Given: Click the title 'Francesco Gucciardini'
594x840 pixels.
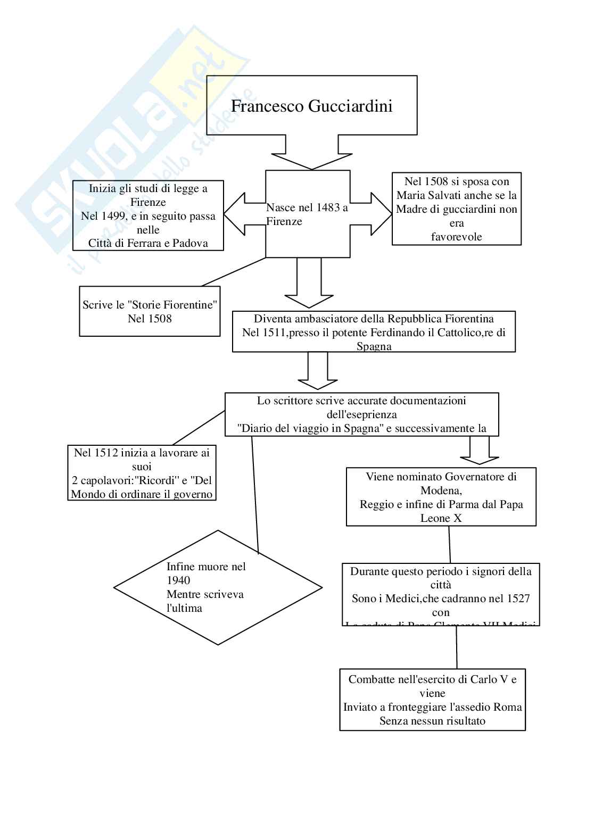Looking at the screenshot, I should (x=311, y=106).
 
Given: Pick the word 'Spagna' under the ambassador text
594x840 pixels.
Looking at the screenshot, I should (x=374, y=347).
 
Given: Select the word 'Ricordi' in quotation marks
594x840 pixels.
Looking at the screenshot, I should (x=161, y=481).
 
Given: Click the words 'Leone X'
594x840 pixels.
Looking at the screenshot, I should (x=441, y=519).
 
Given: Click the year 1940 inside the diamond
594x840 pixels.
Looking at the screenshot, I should (x=178, y=581).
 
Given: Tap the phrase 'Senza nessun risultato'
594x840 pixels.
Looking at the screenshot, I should (x=432, y=721).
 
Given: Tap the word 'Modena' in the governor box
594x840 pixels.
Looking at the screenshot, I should (x=440, y=490).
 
